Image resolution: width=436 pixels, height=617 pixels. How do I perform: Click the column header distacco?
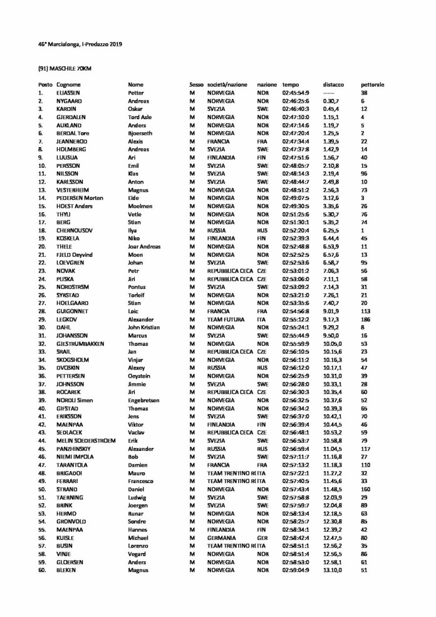pos(333,85)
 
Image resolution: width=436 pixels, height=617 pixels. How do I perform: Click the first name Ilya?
pos(133,231)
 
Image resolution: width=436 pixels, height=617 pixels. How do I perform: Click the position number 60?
pos(42,570)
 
